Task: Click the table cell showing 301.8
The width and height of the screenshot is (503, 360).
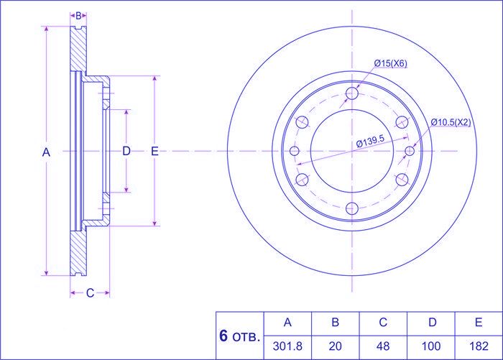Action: (x=288, y=346)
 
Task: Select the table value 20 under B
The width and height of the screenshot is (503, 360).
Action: (x=335, y=346)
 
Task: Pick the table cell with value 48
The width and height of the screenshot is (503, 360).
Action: (x=383, y=346)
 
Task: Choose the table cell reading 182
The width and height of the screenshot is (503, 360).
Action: (x=479, y=346)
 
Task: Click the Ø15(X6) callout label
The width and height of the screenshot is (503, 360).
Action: (x=391, y=64)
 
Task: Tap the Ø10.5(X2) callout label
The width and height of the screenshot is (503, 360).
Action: (x=451, y=122)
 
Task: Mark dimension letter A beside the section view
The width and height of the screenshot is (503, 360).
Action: (x=47, y=152)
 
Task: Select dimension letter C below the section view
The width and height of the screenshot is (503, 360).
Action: (x=90, y=292)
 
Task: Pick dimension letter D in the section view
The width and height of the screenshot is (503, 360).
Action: (x=126, y=151)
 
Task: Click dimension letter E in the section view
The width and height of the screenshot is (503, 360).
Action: (x=154, y=151)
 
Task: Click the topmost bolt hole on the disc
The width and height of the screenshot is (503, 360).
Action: (x=352, y=93)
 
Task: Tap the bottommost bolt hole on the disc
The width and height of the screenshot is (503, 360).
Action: (x=352, y=208)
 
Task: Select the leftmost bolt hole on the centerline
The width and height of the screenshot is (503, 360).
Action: (x=295, y=151)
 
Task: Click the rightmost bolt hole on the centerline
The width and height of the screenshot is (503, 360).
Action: (x=410, y=151)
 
